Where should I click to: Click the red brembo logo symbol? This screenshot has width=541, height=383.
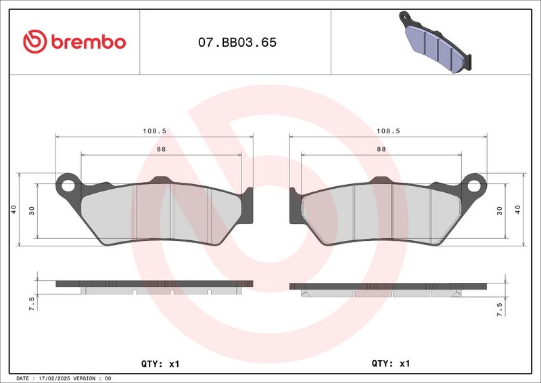[x=35, y=41]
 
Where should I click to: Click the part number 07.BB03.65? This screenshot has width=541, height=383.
[x=237, y=42]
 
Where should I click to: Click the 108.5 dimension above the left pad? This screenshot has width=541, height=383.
[x=155, y=131]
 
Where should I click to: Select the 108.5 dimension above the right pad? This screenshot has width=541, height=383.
[x=388, y=131]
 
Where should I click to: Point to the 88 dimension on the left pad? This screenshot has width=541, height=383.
[x=161, y=149]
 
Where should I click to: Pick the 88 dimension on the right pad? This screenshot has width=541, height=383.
[x=381, y=149]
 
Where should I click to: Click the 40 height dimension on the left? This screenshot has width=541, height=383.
[x=14, y=209]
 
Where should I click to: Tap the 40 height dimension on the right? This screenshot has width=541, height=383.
[x=517, y=209]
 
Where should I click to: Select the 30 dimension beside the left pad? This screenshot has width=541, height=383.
[x=32, y=210]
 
